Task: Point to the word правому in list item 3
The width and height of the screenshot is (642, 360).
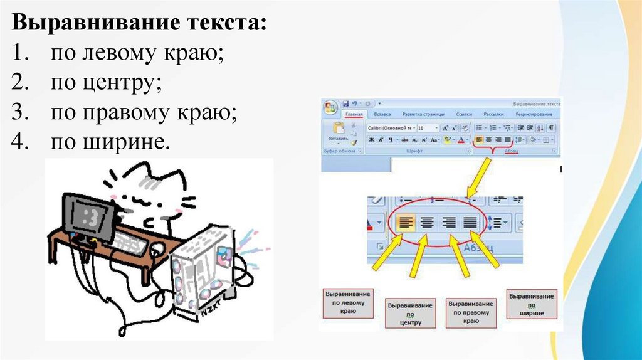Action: (x=126, y=112)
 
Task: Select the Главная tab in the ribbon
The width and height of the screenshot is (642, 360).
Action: (x=354, y=115)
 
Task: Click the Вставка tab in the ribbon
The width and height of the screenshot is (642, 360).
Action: (x=382, y=115)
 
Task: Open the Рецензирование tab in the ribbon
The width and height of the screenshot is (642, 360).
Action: (x=534, y=115)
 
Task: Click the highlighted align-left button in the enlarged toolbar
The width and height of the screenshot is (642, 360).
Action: (x=406, y=221)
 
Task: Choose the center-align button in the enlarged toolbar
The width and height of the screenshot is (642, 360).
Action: (x=427, y=221)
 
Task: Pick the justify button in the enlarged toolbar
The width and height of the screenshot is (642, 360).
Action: (x=470, y=221)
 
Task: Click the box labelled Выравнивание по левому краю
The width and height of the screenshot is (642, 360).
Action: (x=348, y=303)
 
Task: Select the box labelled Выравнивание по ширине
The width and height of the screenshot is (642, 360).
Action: (x=531, y=304)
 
